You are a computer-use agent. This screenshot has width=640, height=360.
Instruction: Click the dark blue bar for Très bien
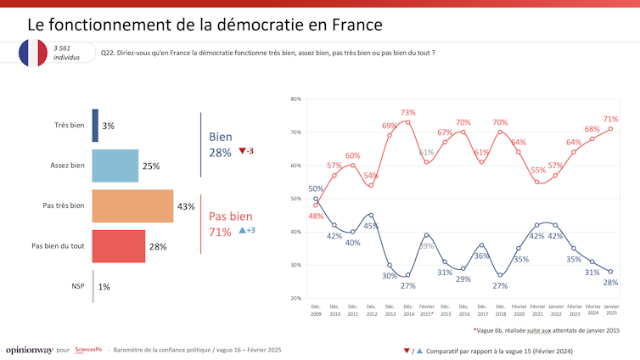[x=95, y=125]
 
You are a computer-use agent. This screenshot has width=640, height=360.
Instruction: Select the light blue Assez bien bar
[x=115, y=166]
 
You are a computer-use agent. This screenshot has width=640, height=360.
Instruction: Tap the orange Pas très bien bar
[x=132, y=206]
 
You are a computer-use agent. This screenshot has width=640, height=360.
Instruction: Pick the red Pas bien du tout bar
[x=119, y=246]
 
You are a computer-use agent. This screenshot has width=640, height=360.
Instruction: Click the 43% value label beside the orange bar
[x=186, y=206]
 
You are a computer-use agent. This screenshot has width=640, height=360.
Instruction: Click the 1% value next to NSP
[x=104, y=287]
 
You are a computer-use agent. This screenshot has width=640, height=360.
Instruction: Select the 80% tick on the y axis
[x=295, y=99]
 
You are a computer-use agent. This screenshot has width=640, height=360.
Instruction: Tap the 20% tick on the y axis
[x=295, y=298]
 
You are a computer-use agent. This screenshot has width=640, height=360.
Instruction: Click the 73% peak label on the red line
[x=407, y=112]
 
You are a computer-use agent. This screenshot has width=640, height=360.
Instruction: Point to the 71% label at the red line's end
[x=609, y=119]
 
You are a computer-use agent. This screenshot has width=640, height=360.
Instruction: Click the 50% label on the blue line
[x=316, y=188]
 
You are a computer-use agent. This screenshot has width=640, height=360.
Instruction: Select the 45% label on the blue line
[x=371, y=226]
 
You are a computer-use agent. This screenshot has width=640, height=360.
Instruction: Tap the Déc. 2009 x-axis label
[x=316, y=310]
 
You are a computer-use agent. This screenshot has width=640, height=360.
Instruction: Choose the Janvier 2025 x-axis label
[x=610, y=310]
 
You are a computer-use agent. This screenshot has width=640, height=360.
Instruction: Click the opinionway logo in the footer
[x=28, y=350]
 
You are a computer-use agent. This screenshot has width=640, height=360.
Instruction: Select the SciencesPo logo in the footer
[x=88, y=350]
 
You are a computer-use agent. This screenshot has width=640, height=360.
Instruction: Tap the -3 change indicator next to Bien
[x=247, y=151]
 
